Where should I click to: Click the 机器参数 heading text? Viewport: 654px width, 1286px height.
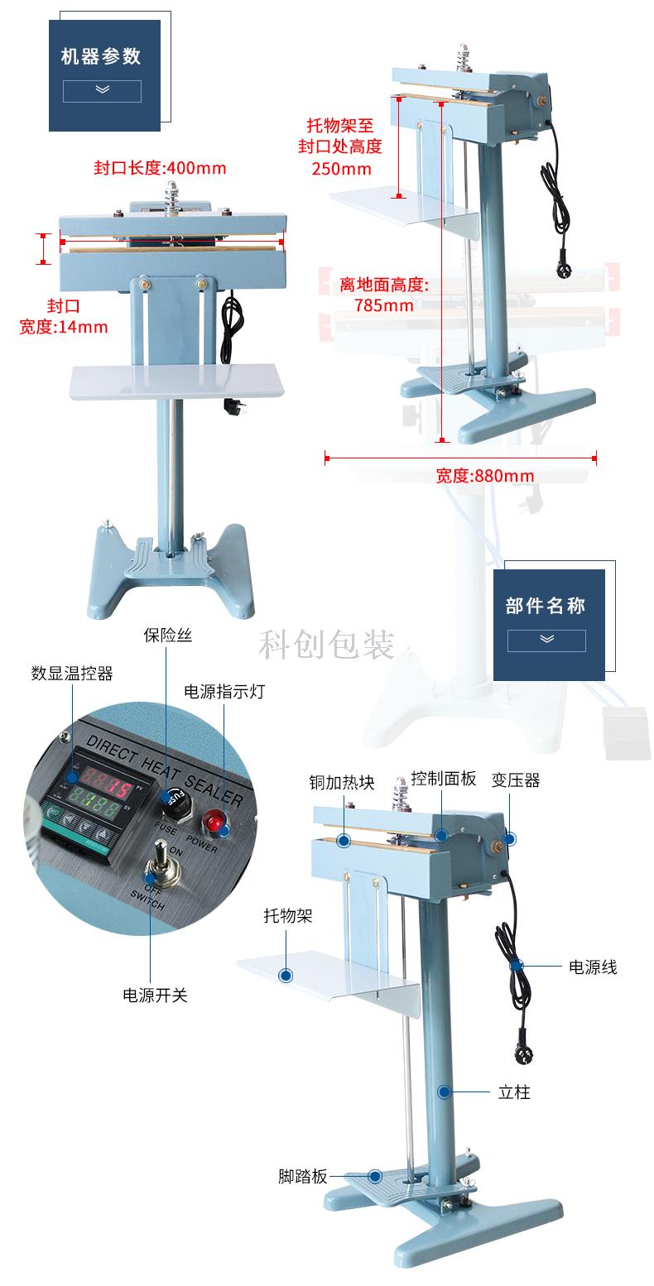(x=101, y=56)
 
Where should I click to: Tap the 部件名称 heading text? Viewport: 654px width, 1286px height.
(x=546, y=605)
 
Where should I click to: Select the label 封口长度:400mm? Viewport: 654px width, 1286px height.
(x=161, y=168)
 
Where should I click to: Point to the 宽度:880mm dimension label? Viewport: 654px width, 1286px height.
(x=484, y=475)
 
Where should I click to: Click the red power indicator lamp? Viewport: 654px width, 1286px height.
(x=214, y=821)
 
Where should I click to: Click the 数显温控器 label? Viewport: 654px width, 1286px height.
(x=72, y=673)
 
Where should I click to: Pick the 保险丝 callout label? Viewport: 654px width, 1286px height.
(x=168, y=635)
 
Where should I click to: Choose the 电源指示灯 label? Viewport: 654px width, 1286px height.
(x=224, y=691)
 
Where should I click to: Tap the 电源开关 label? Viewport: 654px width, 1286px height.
(x=155, y=995)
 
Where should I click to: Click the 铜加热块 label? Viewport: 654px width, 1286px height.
(x=342, y=782)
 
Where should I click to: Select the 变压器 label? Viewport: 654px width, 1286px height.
(x=516, y=780)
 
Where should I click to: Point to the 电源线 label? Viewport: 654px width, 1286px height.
(x=593, y=967)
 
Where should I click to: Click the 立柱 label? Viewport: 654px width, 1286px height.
(x=514, y=1092)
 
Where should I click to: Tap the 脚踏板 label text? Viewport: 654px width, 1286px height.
(x=303, y=1176)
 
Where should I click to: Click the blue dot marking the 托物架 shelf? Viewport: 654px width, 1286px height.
(x=286, y=975)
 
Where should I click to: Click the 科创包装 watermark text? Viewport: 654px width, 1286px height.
(x=326, y=644)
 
